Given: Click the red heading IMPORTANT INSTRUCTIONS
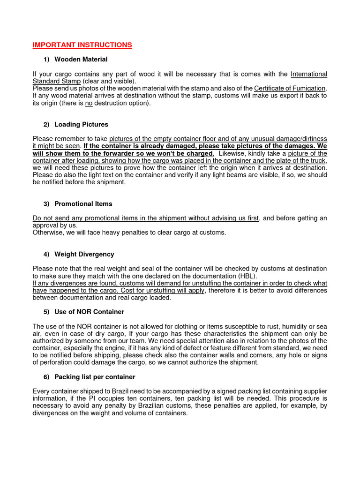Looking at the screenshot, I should pyautogui.click(x=82, y=45).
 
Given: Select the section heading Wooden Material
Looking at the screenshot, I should pyautogui.click(x=81, y=60).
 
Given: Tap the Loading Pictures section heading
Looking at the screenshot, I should pyautogui.click(x=81, y=125).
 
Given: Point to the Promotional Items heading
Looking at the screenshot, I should pyautogui.click(x=83, y=204).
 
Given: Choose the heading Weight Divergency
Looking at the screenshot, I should pyautogui.click(x=84, y=254).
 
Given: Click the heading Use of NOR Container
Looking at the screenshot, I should pyautogui.click(x=89, y=312).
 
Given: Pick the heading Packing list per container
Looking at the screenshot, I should pyautogui.click(x=95, y=377).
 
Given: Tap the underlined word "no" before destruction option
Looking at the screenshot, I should pyautogui.click(x=89, y=103).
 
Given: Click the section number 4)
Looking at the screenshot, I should pyautogui.click(x=46, y=254).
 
